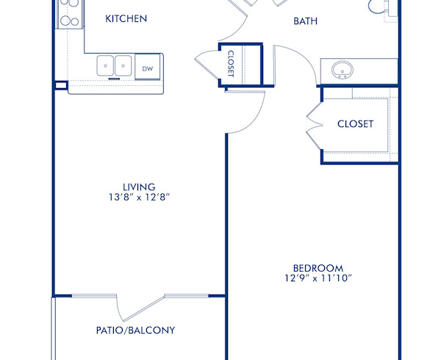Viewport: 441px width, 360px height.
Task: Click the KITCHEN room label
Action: [x=126, y=18]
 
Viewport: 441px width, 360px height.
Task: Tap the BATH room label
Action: [x=305, y=21]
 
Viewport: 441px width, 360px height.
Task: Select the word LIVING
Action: [x=139, y=187]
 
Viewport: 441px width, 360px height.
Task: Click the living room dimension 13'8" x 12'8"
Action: [x=139, y=198]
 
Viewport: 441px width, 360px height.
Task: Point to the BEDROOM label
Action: [x=318, y=268]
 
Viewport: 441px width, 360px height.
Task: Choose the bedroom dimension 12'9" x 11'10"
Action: [x=318, y=278]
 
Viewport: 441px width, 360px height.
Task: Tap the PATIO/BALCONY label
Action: [x=135, y=330]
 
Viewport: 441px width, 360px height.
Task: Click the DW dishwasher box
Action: [x=148, y=68]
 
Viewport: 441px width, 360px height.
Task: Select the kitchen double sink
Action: [x=114, y=65]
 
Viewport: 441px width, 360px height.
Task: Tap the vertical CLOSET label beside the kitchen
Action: [x=231, y=64]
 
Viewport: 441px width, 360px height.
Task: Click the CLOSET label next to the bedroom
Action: [x=355, y=123]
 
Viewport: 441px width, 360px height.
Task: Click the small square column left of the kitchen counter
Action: [x=60, y=85]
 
